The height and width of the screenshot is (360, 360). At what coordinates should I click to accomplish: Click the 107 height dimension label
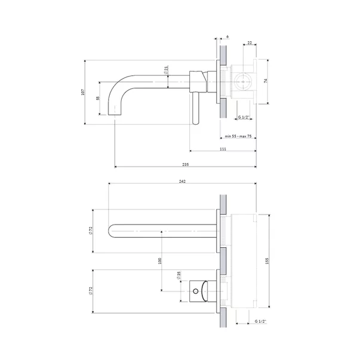point(83,92)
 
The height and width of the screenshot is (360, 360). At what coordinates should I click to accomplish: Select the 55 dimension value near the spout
point(98,98)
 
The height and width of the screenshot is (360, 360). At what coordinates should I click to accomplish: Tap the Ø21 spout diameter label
point(166,70)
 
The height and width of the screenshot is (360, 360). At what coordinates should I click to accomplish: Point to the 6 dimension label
point(227,37)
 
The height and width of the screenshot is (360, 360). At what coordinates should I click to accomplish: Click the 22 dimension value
point(250,43)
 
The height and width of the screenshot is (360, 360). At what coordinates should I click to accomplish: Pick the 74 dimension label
point(266,81)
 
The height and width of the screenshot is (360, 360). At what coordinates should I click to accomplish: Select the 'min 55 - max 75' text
point(238,136)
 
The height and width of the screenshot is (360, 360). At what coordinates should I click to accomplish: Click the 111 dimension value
point(223,149)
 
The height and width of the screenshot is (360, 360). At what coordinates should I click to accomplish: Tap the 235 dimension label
point(185,164)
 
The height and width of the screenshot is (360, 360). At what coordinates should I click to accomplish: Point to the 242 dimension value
point(182,181)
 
